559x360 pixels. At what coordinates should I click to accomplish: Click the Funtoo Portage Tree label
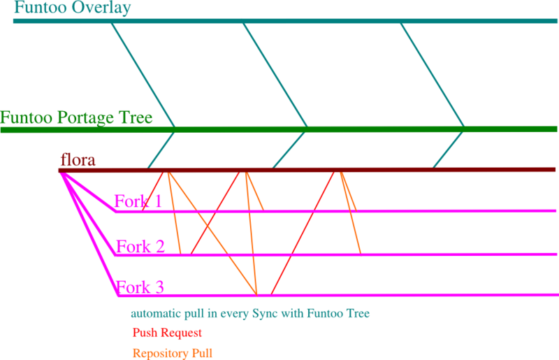pos(76,117)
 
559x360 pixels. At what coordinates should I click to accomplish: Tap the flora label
pos(78,161)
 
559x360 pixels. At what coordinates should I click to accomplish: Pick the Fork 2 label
pos(140,246)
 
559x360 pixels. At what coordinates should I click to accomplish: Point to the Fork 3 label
pos(140,287)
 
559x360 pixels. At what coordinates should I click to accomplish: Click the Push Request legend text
pos(166,333)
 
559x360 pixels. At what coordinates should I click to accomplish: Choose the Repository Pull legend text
pos(172,354)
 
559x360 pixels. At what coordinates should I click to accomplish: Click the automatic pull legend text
pos(249,314)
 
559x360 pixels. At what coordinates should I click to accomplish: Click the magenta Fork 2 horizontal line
pos(433,254)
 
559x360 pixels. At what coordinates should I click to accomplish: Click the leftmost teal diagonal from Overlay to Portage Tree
pos(143,75)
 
